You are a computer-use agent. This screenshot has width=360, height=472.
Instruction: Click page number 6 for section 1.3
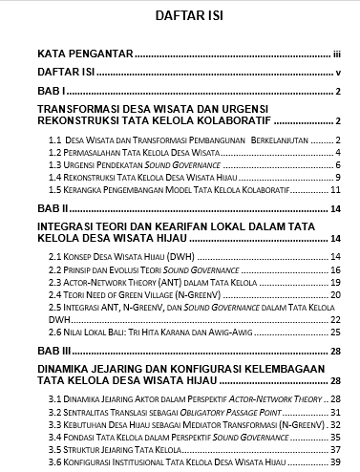coord(338,165)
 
